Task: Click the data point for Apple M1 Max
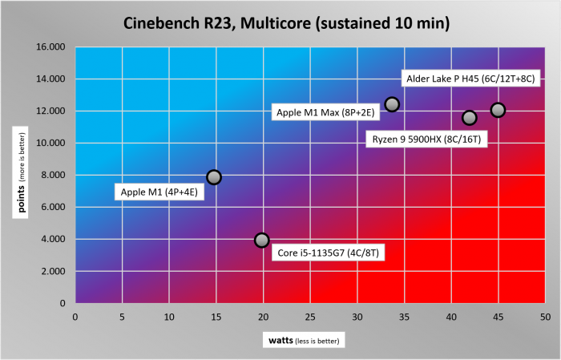[x=392, y=104]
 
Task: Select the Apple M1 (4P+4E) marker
[x=213, y=176]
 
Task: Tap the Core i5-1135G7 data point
[x=261, y=240]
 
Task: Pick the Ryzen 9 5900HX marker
[x=470, y=118]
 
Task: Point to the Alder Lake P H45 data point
[x=498, y=110]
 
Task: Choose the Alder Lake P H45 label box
[x=470, y=79]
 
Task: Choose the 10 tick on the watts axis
[x=168, y=317]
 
